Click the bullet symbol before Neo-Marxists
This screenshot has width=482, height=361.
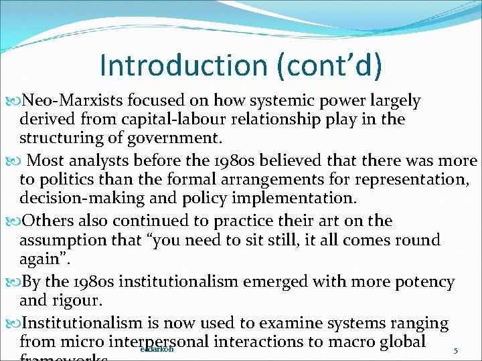(x=17, y=102)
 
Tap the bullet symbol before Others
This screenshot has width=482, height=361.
(x=17, y=221)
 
